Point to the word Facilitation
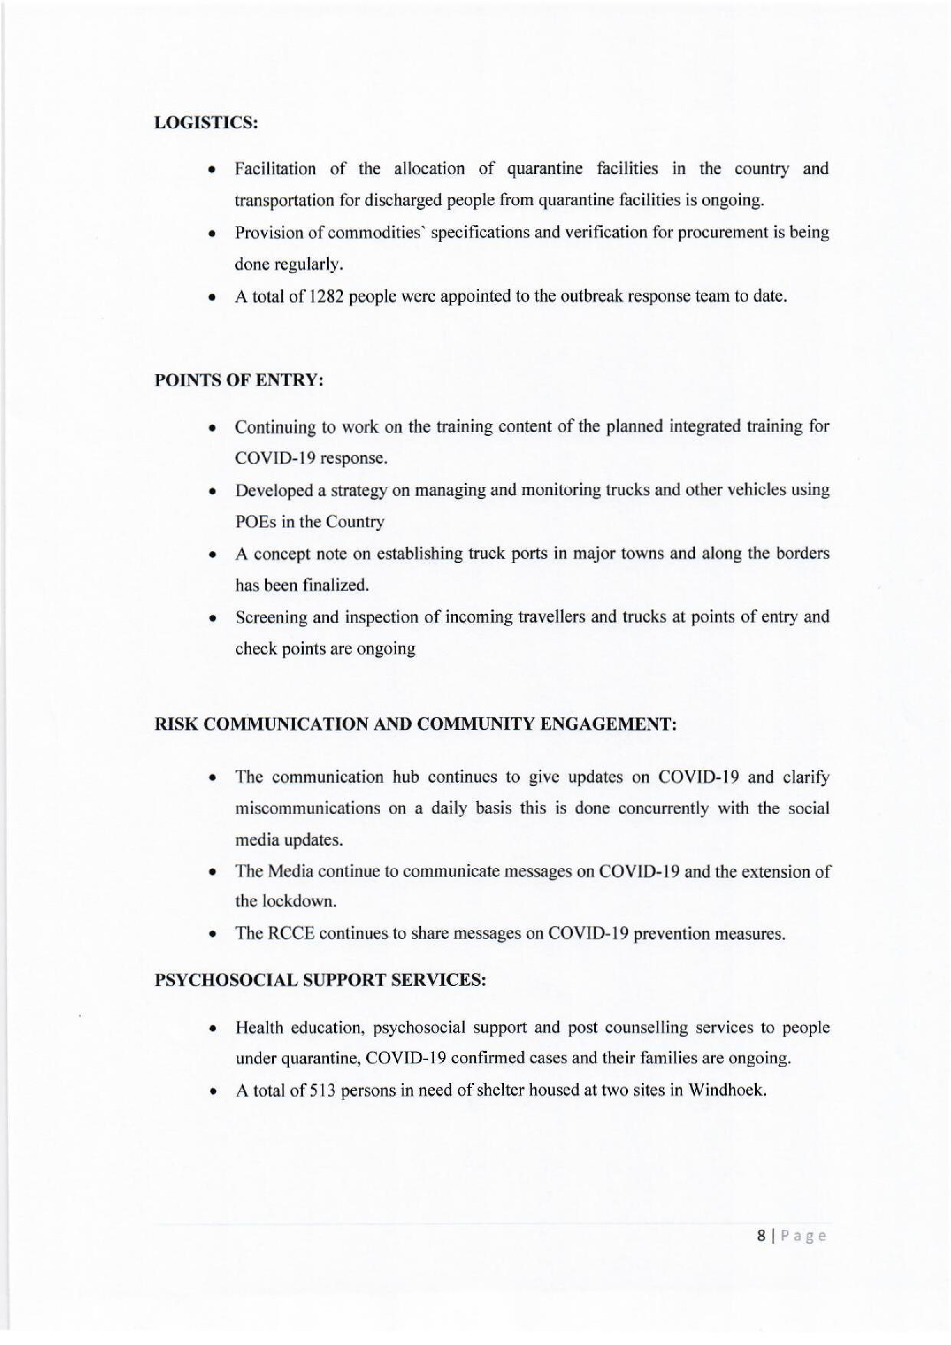[x=275, y=169]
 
